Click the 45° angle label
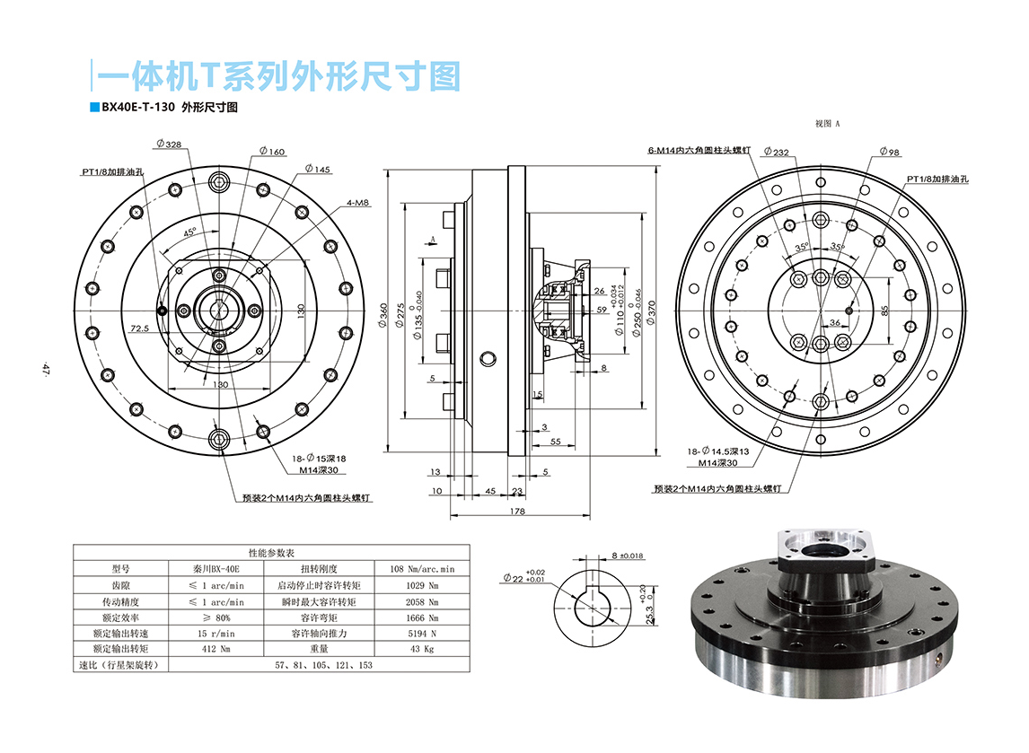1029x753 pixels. coord(190,232)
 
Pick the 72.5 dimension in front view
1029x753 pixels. coord(138,328)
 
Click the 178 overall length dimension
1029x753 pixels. coord(517,512)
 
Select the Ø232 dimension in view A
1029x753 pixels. coord(775,153)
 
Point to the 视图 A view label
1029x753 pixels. coord(826,124)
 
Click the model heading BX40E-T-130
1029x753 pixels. coord(137,107)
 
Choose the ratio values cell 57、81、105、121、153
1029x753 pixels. coord(324,665)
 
